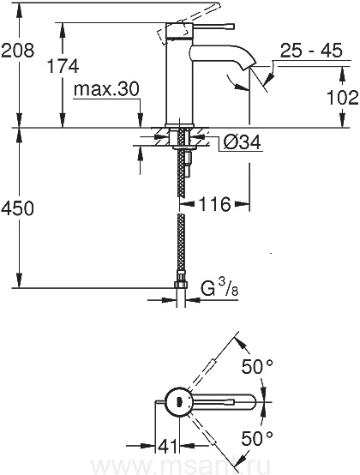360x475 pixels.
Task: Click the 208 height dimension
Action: pyautogui.click(x=17, y=51)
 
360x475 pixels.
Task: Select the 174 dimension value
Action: pyautogui.click(x=63, y=66)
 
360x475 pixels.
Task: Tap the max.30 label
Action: pyautogui.click(x=106, y=89)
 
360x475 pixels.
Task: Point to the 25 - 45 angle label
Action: pyautogui.click(x=311, y=51)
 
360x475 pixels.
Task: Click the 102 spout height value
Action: pyautogui.click(x=343, y=98)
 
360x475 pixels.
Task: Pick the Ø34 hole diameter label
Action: pyautogui.click(x=242, y=141)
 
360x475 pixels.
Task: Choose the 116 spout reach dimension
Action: pyautogui.click(x=214, y=204)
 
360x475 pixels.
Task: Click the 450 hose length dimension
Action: pyautogui.click(x=17, y=209)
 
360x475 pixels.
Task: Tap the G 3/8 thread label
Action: pyautogui.click(x=219, y=288)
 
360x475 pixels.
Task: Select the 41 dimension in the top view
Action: pyautogui.click(x=167, y=446)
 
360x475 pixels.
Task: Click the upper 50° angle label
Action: pyautogui.click(x=257, y=367)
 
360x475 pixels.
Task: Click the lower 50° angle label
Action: pyautogui.click(x=257, y=437)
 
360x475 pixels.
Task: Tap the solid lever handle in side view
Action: pyautogui.click(x=213, y=27)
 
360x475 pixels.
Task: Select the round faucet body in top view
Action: pyautogui.click(x=179, y=402)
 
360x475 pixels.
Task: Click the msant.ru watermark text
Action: pyautogui.click(x=181, y=466)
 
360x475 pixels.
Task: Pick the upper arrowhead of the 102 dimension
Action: pyautogui.click(x=342, y=74)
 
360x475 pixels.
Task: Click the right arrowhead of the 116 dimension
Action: pyautogui.click(x=243, y=204)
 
